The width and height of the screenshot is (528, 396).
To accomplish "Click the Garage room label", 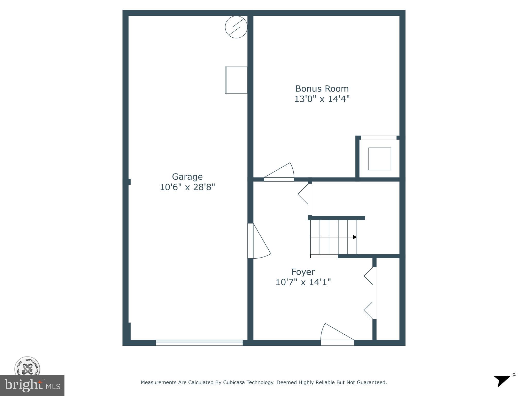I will click(x=187, y=177).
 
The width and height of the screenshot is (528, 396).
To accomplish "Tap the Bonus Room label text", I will click(x=322, y=89).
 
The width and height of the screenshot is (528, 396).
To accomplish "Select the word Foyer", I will click(x=303, y=272).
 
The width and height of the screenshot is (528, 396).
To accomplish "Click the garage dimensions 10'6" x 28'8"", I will click(x=187, y=187).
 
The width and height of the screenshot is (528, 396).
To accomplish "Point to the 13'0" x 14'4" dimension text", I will click(x=322, y=99).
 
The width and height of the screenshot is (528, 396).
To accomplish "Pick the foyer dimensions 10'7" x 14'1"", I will click(x=303, y=282).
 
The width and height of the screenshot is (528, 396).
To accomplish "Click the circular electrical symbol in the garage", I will click(x=236, y=27).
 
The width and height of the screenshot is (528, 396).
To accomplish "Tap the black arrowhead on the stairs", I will click(x=354, y=237).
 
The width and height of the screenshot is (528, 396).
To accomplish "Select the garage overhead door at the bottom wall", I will click(x=199, y=343).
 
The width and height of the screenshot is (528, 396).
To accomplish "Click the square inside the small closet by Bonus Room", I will click(x=379, y=159).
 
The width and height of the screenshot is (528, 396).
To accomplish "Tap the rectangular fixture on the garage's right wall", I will click(x=236, y=80).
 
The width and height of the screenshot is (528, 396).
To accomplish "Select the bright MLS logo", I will click(x=32, y=385).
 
